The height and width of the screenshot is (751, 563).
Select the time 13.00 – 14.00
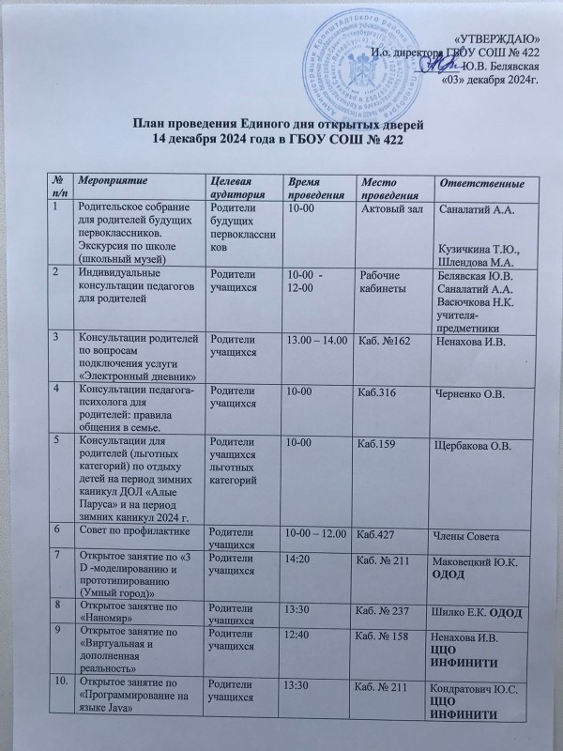pyautogui.click(x=316, y=340)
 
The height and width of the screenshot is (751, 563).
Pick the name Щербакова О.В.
pyautogui.click(x=475, y=444)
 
